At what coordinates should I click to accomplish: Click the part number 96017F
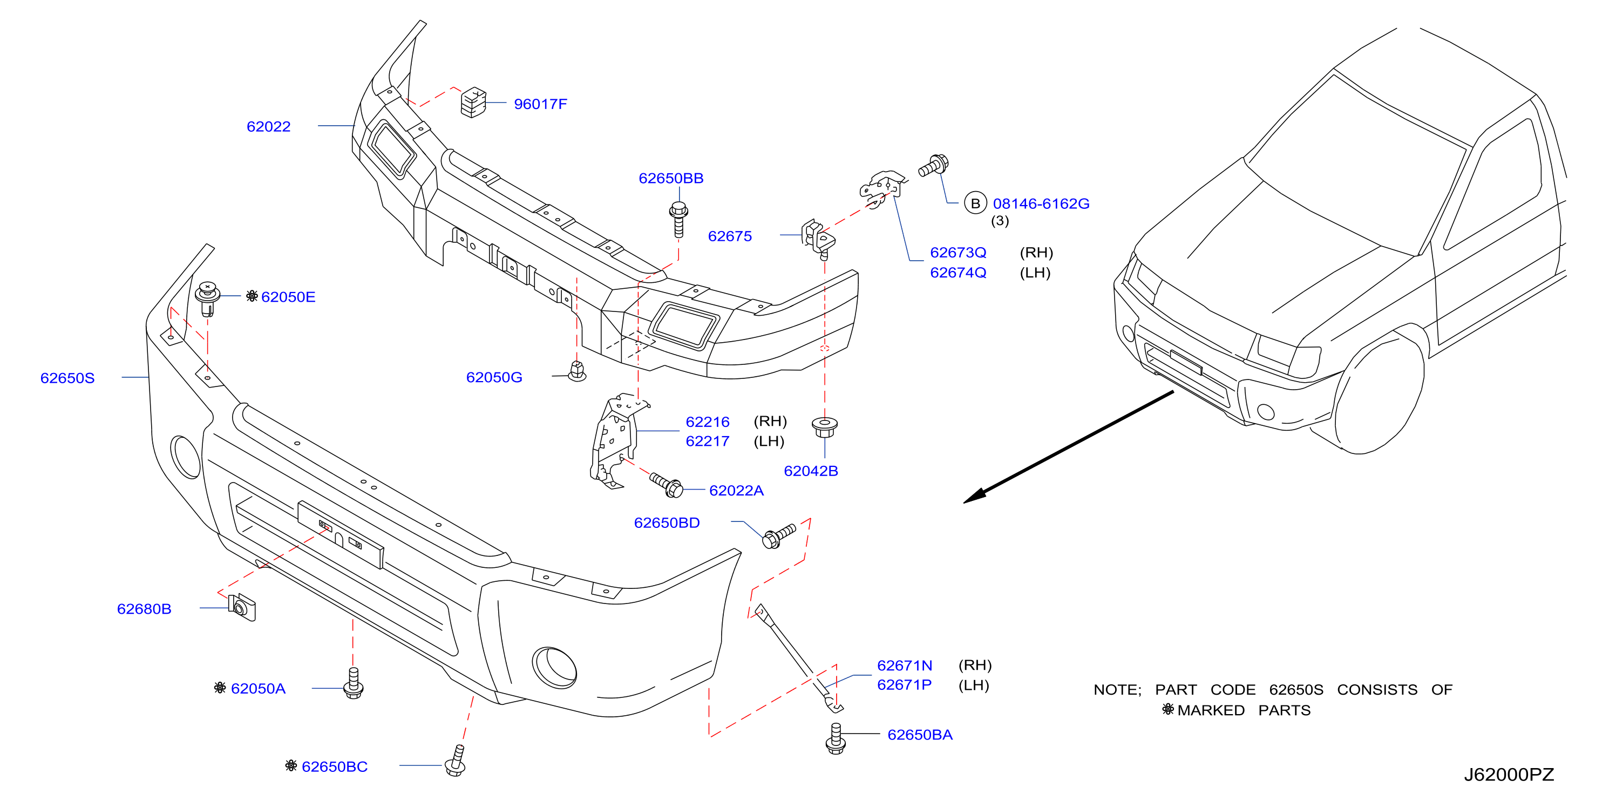point(540,104)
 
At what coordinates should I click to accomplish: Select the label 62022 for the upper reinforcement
point(268,127)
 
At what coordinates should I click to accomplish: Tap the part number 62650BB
point(670,178)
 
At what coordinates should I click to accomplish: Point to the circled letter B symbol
point(975,203)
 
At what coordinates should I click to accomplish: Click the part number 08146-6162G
point(1041,204)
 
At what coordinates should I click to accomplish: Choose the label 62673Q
point(958,253)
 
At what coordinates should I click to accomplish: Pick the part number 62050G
point(494,377)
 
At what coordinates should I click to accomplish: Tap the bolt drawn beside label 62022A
point(666,484)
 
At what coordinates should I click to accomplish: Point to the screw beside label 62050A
point(354,683)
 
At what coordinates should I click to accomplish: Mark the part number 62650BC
point(334,766)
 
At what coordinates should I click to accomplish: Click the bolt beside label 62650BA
point(835,738)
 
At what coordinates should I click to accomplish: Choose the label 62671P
point(904,685)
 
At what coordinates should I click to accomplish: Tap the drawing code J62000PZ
point(1509,775)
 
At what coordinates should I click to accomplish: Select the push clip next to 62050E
point(208,299)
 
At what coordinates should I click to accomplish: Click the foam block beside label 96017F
point(474,102)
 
